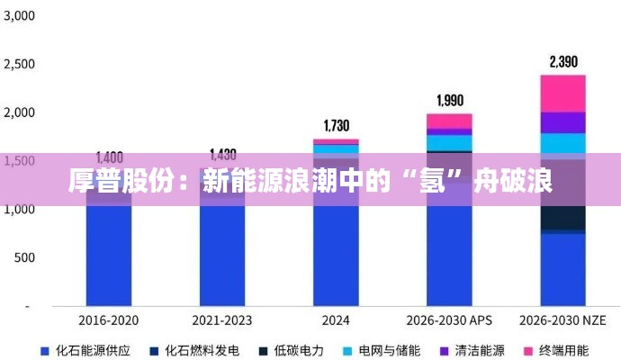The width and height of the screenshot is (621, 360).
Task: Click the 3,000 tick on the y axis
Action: coord(19,16)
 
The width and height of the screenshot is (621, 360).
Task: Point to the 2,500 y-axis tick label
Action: coord(19,65)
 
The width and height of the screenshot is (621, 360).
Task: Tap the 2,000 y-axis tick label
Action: coord(19,112)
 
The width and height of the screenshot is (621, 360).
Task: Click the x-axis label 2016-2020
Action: coord(109,320)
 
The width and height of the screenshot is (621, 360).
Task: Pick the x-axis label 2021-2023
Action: coord(222,320)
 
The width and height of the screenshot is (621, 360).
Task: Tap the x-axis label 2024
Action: coord(336,320)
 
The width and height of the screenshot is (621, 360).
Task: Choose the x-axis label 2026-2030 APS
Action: coord(449,320)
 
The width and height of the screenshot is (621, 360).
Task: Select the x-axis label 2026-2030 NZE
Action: coord(563,320)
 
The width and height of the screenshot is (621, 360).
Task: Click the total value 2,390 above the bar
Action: coord(563,62)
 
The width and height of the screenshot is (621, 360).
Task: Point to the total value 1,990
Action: coord(449,100)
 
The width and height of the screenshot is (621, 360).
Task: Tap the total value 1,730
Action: coord(336,125)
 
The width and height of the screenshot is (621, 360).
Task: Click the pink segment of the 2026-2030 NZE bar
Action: coord(563,93)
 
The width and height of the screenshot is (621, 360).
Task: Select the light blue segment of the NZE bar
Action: coord(563,143)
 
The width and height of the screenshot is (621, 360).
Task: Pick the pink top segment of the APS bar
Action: coord(449,121)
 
